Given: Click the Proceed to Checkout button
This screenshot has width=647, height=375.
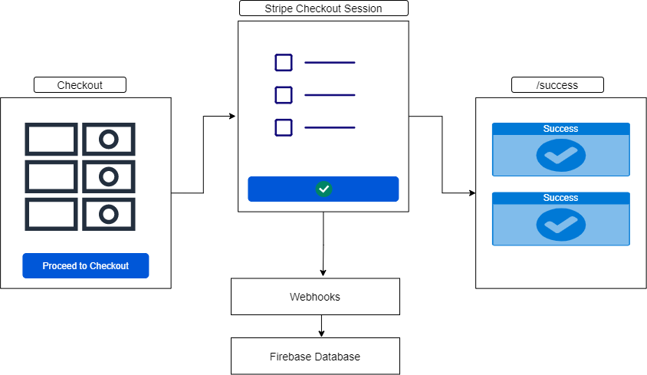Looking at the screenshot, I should pyautogui.click(x=85, y=265).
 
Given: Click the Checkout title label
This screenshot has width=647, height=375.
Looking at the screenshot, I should pyautogui.click(x=80, y=85).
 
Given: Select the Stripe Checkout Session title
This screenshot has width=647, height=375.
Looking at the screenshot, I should pyautogui.click(x=323, y=8).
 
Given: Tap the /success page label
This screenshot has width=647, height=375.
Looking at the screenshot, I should pyautogui.click(x=557, y=85).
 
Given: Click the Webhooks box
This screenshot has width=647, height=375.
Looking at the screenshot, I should pyautogui.click(x=315, y=297).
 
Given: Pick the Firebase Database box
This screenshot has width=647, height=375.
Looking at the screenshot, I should pyautogui.click(x=315, y=357).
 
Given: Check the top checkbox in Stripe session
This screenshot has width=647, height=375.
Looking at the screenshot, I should pyautogui.click(x=284, y=62).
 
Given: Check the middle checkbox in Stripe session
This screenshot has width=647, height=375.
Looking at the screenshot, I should pyautogui.click(x=284, y=95).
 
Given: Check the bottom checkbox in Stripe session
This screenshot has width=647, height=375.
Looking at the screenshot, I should pyautogui.click(x=284, y=127).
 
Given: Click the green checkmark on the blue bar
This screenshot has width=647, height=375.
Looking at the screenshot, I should pyautogui.click(x=323, y=189).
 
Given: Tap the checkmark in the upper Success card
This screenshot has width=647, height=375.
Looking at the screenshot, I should pyautogui.click(x=560, y=156).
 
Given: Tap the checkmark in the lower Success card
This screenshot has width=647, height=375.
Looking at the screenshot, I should pyautogui.click(x=560, y=225).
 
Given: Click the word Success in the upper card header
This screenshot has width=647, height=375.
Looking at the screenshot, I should pyautogui.click(x=560, y=129).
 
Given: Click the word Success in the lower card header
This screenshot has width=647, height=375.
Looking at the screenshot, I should pyautogui.click(x=560, y=198).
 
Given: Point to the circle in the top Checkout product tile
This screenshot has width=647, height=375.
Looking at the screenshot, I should pyautogui.click(x=109, y=140).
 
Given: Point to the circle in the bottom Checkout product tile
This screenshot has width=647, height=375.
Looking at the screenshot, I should pyautogui.click(x=109, y=214).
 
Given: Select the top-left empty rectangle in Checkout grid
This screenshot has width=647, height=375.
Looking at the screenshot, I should pyautogui.click(x=51, y=140).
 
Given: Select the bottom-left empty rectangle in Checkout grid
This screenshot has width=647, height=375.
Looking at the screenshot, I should pyautogui.click(x=51, y=214).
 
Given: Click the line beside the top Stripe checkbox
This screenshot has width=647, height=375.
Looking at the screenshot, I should pyautogui.click(x=330, y=62).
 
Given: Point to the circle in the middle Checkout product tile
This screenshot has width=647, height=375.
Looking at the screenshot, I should pyautogui.click(x=109, y=177).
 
